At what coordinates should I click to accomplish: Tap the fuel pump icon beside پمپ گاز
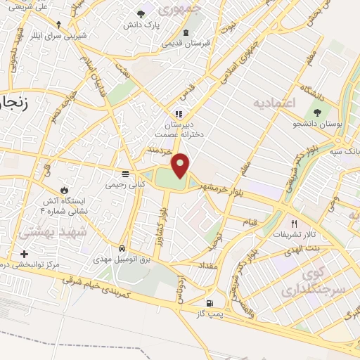[x=208, y=303]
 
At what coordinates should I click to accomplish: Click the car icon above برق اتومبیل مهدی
[x=122, y=248]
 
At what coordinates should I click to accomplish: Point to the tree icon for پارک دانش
[x=141, y=13]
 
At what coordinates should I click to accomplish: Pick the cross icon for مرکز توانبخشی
[x=25, y=254]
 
